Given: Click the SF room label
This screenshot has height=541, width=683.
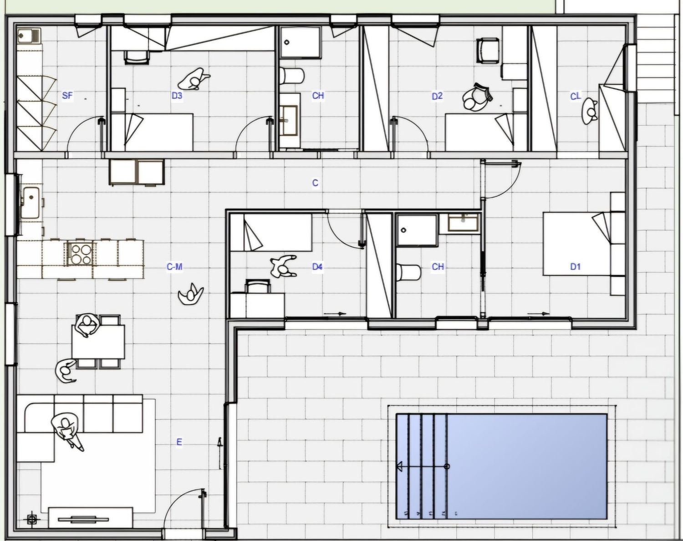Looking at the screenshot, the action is (x=67, y=95).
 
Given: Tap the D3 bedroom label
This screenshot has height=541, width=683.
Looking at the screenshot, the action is (x=177, y=95).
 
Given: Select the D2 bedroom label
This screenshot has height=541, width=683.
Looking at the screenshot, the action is (x=437, y=96).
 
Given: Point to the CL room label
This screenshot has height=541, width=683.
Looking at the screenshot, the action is (x=576, y=96).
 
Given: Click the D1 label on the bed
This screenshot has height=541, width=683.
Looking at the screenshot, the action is (x=576, y=266).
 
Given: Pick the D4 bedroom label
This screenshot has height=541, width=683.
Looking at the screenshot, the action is (x=317, y=266).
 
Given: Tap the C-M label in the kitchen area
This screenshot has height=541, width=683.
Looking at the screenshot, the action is (x=174, y=267).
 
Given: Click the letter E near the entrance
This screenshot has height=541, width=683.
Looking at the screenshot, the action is (x=179, y=442).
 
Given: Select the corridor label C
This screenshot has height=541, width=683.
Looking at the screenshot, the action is (x=315, y=183).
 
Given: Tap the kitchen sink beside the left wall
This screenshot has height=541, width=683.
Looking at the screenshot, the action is (x=31, y=203).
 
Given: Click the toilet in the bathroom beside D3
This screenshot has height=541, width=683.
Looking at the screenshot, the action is (x=292, y=75).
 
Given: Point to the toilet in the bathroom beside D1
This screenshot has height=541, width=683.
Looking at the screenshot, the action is (x=408, y=272).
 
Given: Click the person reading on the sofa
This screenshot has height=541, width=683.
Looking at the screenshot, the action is (x=67, y=430).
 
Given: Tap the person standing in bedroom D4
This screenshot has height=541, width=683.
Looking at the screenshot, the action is (x=283, y=266).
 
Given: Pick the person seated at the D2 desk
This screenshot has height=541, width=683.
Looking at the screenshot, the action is (x=477, y=97).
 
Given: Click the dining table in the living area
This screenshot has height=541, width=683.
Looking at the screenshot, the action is (x=98, y=342).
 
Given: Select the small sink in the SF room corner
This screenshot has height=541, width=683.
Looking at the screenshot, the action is (x=29, y=35).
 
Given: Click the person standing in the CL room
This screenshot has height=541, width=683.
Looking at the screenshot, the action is (x=589, y=111).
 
